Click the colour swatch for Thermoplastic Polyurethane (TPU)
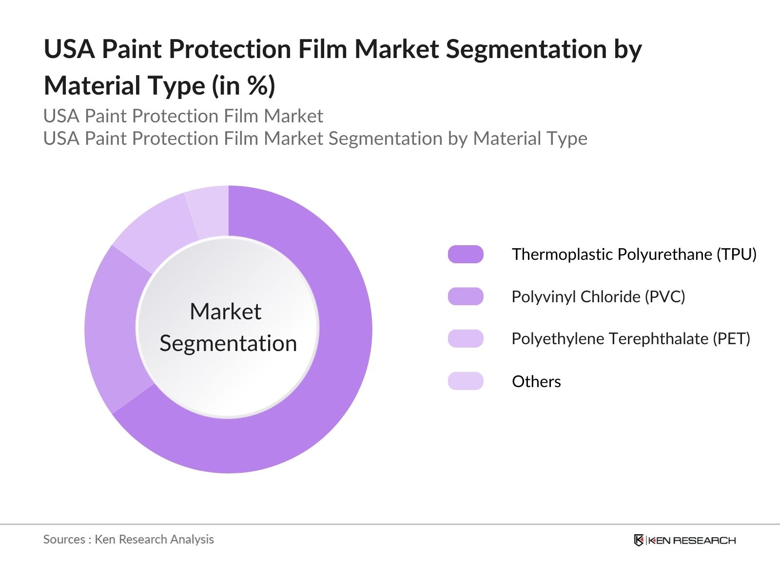(466, 254)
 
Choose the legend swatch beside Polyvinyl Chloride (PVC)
(466, 296)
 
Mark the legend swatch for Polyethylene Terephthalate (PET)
(466, 338)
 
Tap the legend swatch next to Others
(466, 381)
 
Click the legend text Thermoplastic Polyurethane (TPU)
(634, 254)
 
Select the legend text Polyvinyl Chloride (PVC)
(599, 297)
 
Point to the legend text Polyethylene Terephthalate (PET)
(631, 339)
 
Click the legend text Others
(536, 382)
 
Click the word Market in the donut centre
(226, 312)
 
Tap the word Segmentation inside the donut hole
(228, 344)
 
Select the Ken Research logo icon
(639, 540)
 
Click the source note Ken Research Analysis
(154, 540)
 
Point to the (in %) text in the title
(243, 86)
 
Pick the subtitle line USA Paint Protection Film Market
(183, 116)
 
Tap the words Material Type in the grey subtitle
(530, 138)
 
